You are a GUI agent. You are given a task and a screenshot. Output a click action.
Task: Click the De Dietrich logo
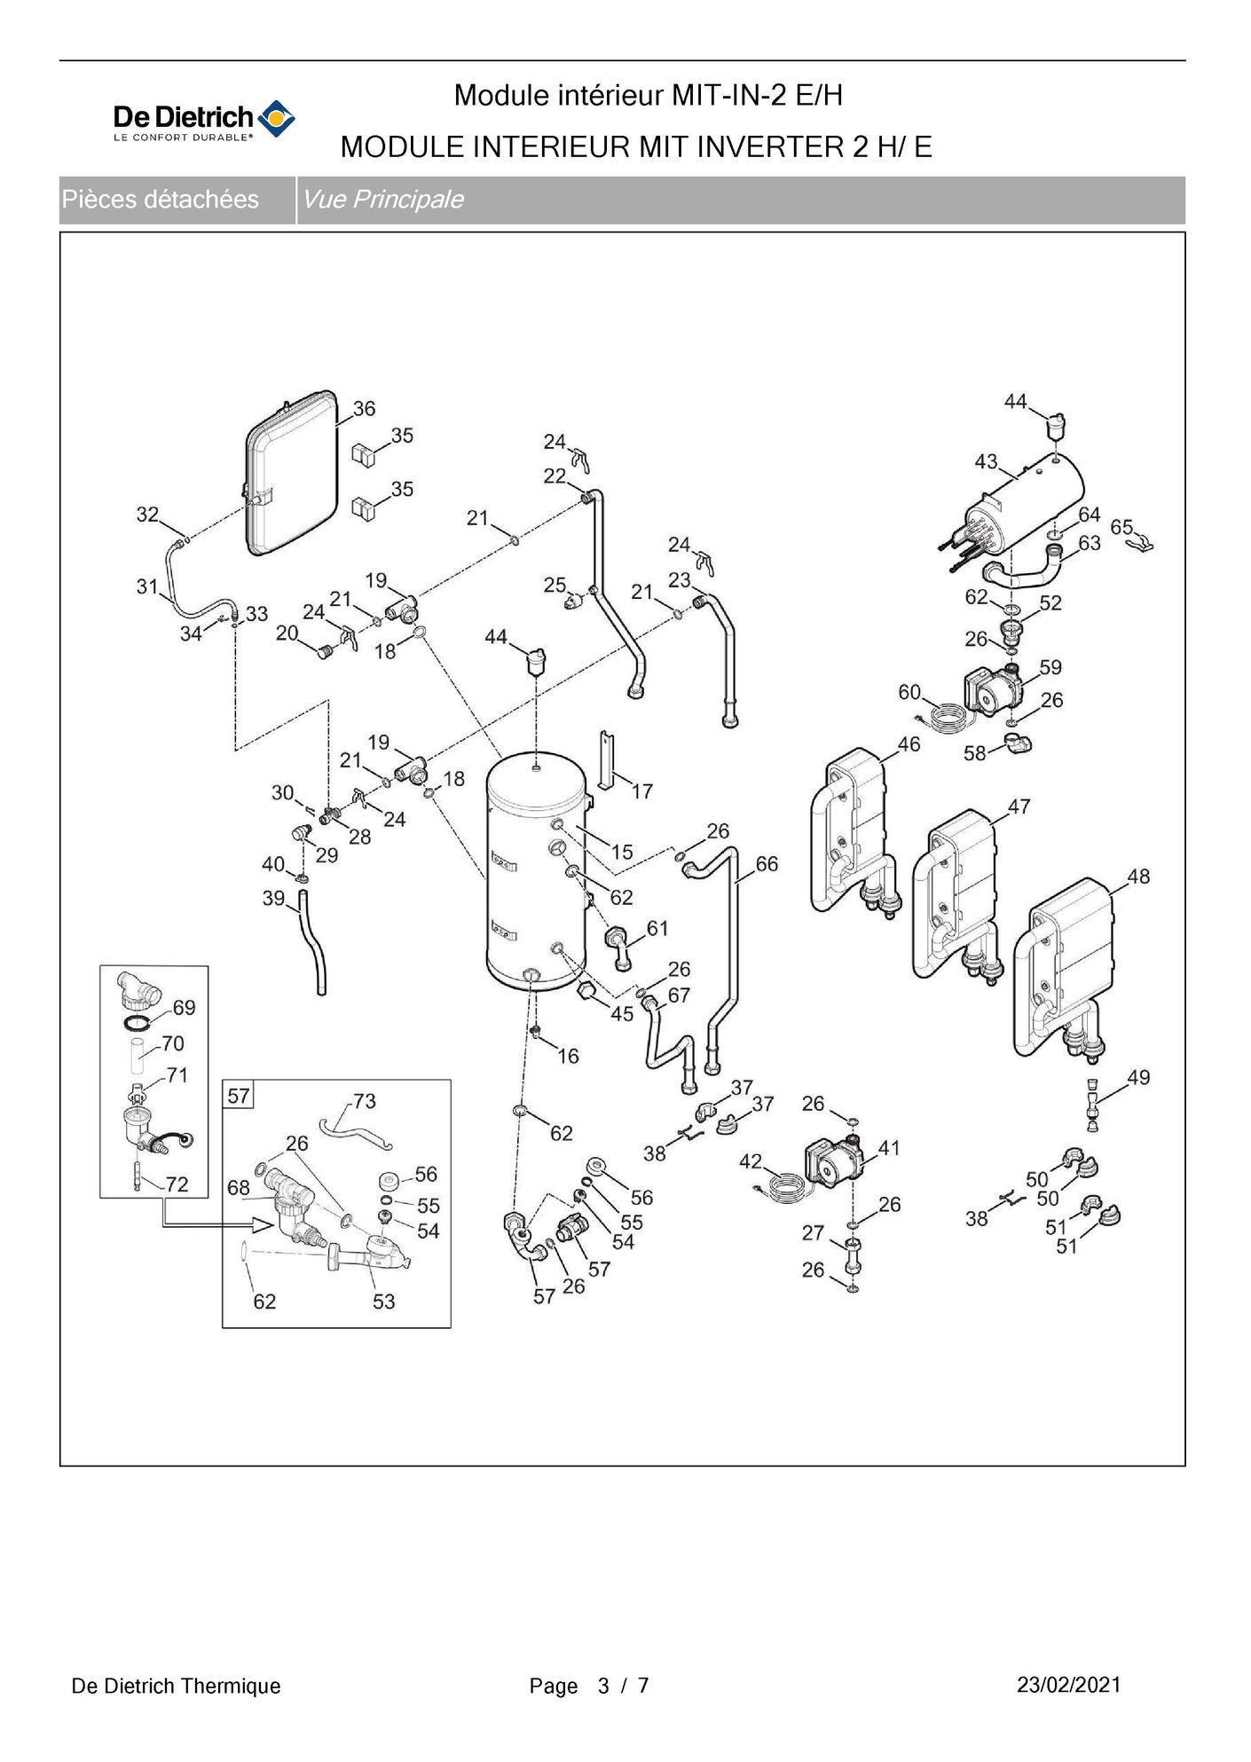(203, 120)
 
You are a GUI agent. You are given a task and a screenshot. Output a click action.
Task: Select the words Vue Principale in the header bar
(382, 200)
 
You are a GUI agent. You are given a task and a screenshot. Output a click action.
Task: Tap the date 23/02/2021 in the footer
(1068, 1685)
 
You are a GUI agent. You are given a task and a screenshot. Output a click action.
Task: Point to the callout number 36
(364, 409)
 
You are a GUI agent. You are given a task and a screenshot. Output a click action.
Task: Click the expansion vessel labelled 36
(291, 475)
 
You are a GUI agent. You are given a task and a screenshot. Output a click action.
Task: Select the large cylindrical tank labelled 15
(535, 874)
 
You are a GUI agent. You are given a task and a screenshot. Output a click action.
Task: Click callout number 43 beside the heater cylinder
(986, 462)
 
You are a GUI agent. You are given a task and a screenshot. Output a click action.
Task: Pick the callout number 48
(1137, 877)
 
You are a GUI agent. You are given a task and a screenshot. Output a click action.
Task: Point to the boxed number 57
(239, 1096)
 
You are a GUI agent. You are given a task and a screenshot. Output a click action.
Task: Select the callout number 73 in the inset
(365, 1101)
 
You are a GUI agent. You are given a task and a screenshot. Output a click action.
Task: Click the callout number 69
(185, 1008)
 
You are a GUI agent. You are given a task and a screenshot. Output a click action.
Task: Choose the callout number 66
(767, 864)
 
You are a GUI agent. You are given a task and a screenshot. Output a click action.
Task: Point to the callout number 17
(641, 791)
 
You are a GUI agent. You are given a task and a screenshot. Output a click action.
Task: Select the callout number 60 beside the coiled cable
(909, 692)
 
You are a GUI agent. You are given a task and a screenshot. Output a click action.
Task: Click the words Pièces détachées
(161, 200)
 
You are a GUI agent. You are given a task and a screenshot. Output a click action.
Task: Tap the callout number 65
(1121, 527)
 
